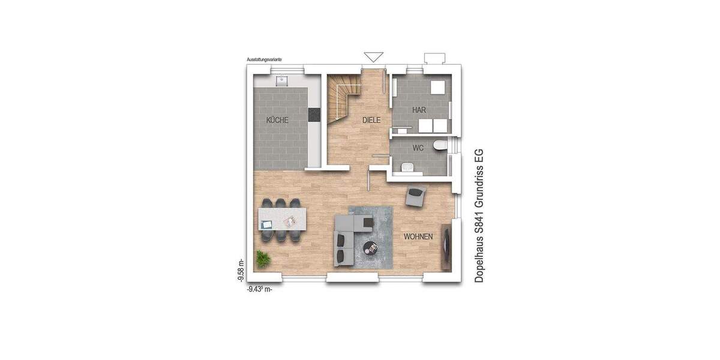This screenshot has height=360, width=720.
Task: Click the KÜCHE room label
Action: [x=277, y=120]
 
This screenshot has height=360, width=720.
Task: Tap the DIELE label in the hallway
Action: [x=372, y=120]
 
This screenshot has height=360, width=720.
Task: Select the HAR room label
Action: [x=419, y=110]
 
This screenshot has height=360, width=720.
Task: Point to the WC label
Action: [x=419, y=148]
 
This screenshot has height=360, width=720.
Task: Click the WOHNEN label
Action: [x=418, y=237]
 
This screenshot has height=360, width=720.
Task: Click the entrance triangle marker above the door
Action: [x=373, y=57]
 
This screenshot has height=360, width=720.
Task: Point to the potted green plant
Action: [x=263, y=259]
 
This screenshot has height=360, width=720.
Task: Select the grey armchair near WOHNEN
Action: [x=416, y=196]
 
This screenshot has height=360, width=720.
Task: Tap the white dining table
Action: [x=282, y=219]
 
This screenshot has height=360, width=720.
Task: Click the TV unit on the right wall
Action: [x=446, y=246]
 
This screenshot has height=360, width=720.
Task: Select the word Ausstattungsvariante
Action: [x=265, y=60]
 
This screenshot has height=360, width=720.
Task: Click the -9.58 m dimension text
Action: [x=241, y=270]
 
